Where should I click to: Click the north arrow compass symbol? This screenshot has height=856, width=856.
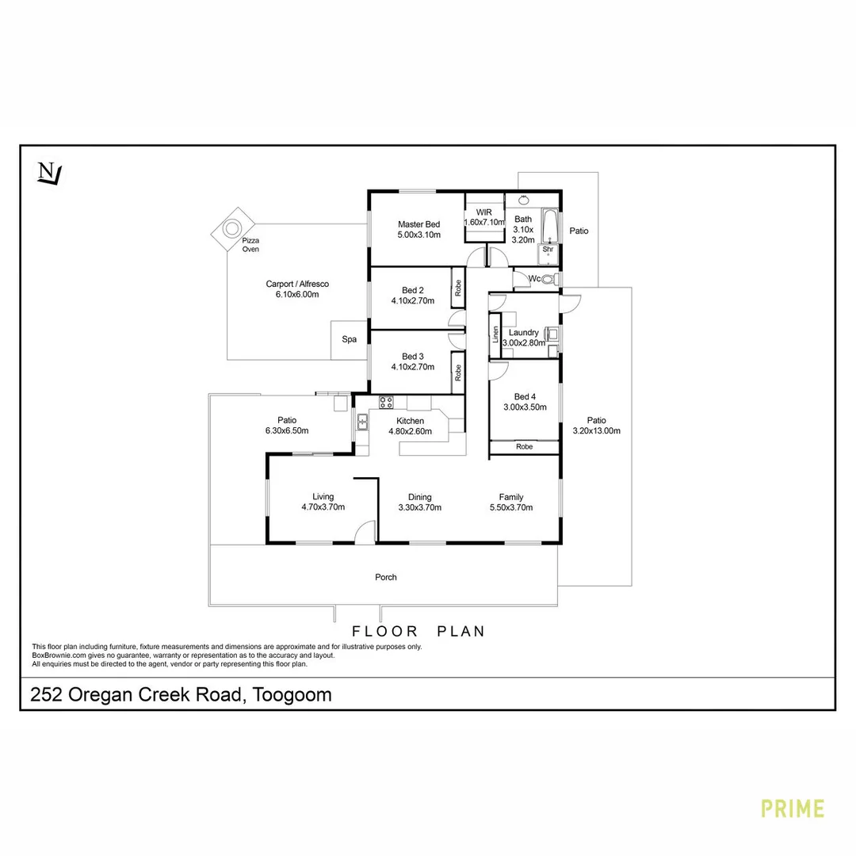point(49,173)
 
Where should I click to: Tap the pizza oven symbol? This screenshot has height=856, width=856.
point(232,228)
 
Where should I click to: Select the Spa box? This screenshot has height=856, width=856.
point(350,339)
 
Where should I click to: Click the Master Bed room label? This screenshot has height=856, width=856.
point(418,225)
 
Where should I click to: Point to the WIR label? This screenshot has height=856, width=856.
point(484,212)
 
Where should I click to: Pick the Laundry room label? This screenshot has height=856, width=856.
point(523,333)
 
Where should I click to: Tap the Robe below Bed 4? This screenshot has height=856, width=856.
point(524,447)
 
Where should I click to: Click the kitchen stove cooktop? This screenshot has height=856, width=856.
point(387,402)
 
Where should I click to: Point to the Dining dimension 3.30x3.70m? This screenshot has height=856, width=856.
point(419,508)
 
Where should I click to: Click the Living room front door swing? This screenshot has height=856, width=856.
point(365,533)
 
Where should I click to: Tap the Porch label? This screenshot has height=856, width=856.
point(386,577)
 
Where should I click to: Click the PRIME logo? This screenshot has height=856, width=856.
point(792,808)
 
